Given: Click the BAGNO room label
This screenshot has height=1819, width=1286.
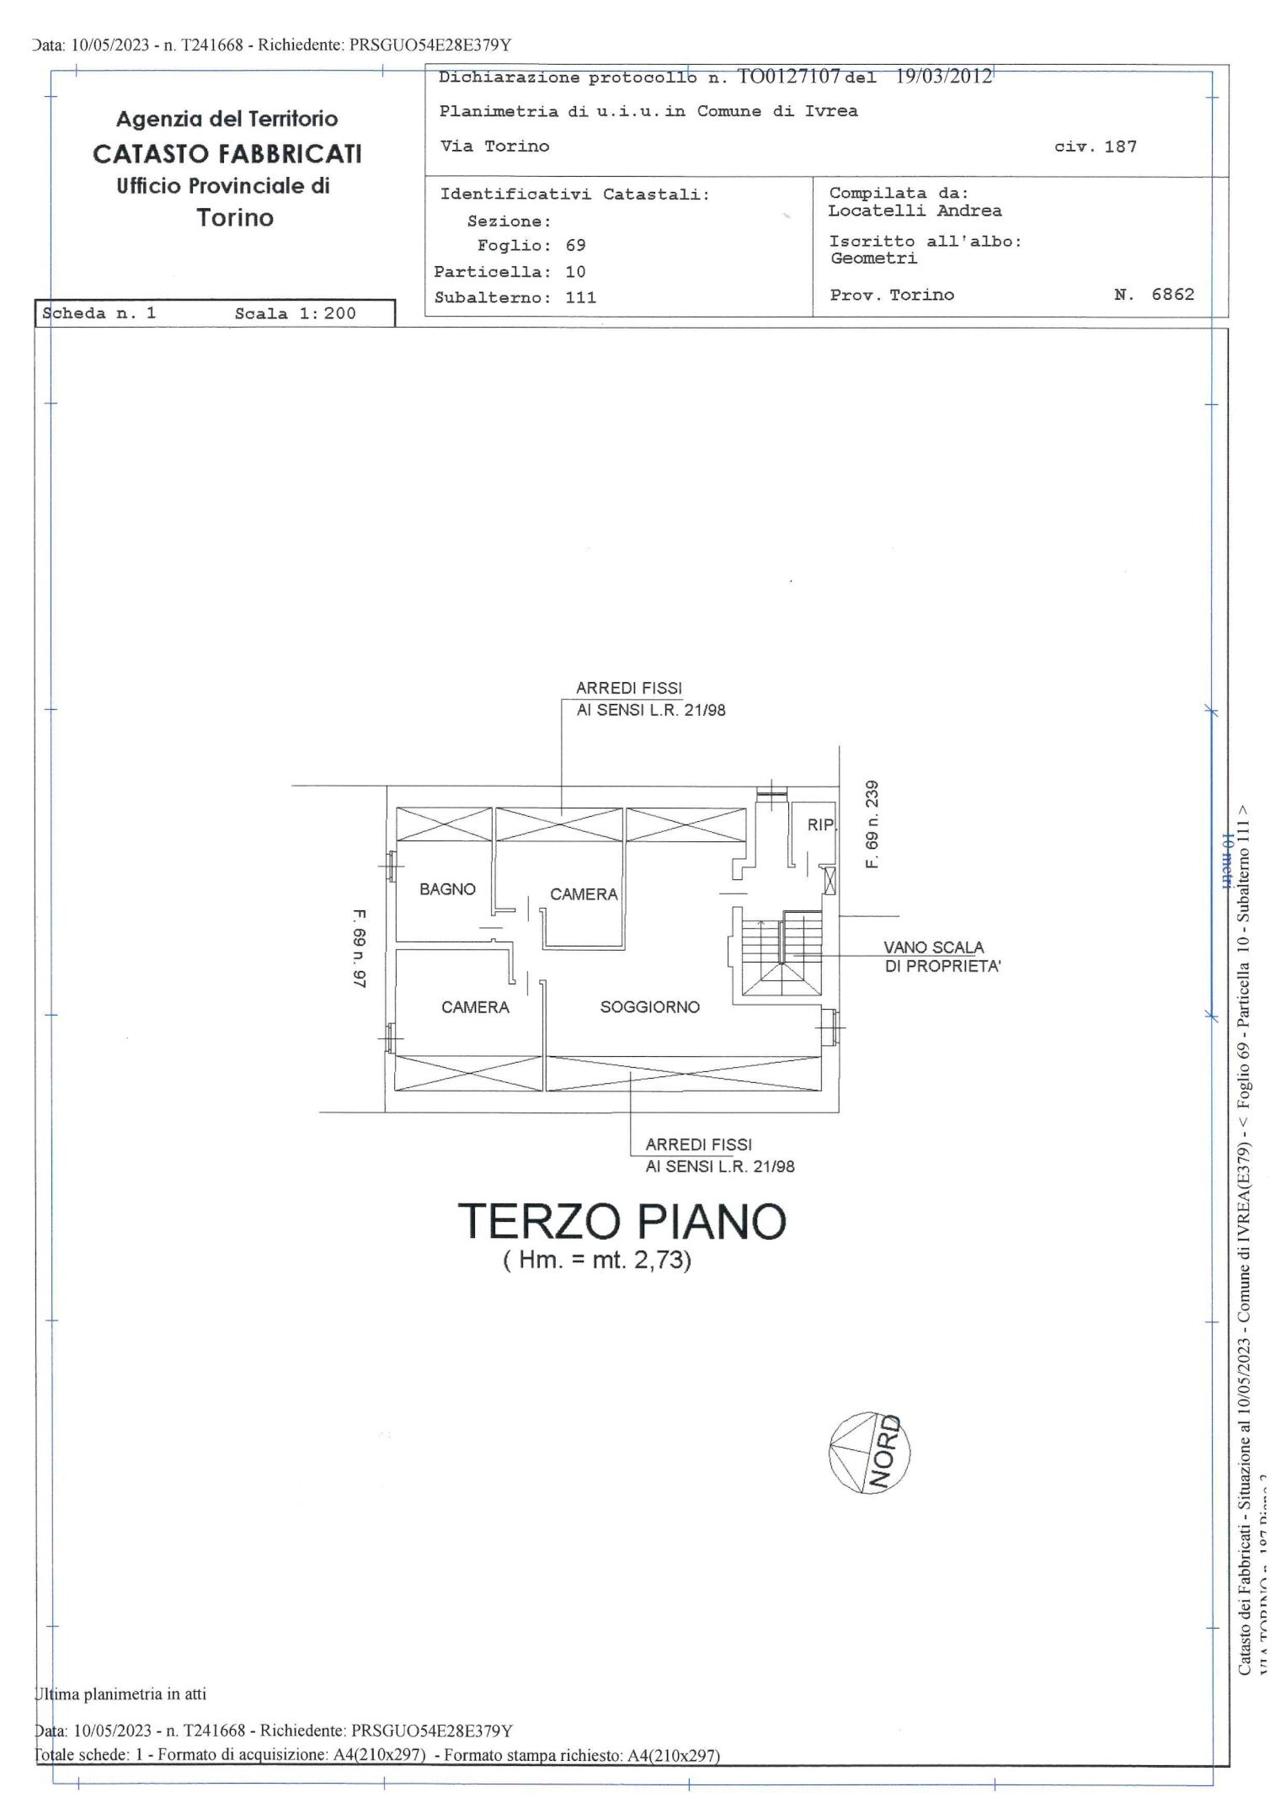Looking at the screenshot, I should [x=447, y=889].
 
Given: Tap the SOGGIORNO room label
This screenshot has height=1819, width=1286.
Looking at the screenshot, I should [x=649, y=1007].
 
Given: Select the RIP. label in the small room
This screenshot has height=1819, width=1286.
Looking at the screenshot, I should [x=820, y=825].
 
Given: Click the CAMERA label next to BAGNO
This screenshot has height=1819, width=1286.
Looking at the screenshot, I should [x=584, y=894].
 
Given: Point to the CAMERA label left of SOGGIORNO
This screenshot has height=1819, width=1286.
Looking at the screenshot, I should [x=475, y=1007].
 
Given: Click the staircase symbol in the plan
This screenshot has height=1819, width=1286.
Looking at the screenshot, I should [x=781, y=956].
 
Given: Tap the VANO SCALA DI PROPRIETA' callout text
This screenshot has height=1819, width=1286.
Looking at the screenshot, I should [x=942, y=958].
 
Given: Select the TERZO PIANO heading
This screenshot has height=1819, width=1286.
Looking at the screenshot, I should [x=622, y=1221].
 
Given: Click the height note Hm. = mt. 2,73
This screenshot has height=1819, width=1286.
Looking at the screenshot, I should [x=597, y=1261].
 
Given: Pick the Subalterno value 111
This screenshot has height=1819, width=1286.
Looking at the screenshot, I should [x=581, y=297].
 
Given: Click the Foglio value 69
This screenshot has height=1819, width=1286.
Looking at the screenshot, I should [x=575, y=245].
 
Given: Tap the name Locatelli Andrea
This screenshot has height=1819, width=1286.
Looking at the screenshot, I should [x=915, y=211].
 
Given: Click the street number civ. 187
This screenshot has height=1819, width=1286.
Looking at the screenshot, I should [x=1095, y=147].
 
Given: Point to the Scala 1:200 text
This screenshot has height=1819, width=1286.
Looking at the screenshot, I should [x=295, y=313].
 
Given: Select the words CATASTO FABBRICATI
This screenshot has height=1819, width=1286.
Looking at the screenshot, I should [x=227, y=153].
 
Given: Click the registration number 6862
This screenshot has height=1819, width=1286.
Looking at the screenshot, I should [x=1172, y=294].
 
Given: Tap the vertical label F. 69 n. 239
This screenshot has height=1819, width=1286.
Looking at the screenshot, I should [x=872, y=824].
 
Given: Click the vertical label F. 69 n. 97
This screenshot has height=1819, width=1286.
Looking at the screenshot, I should [x=360, y=947].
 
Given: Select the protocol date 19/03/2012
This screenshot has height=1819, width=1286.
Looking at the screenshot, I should [x=943, y=77].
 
